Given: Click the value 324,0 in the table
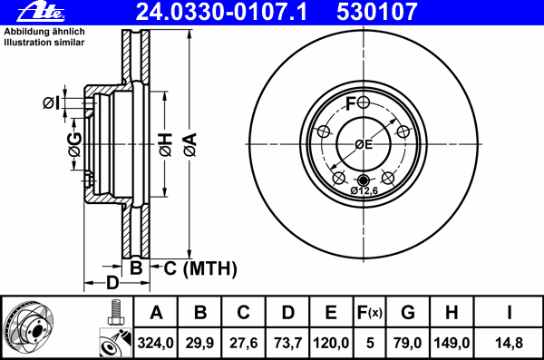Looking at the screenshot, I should coord(156,343).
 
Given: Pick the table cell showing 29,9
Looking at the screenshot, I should coord(200,343).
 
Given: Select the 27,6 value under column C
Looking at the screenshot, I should coord(244,343).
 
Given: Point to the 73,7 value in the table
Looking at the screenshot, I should coord(287,343).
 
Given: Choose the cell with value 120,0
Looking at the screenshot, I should coord(331,343).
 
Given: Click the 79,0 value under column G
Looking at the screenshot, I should coord(408,343).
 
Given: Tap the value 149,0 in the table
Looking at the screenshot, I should coord(451,343).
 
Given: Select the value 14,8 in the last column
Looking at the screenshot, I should coord(510,343).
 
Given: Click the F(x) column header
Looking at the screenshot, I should coord(369,313).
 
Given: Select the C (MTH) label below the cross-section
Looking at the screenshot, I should coord(199,268).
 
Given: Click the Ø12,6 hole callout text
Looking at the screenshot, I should coord(364,190).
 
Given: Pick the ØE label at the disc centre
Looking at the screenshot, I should coord(364,144).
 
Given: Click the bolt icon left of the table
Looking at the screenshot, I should coord(113,312).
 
